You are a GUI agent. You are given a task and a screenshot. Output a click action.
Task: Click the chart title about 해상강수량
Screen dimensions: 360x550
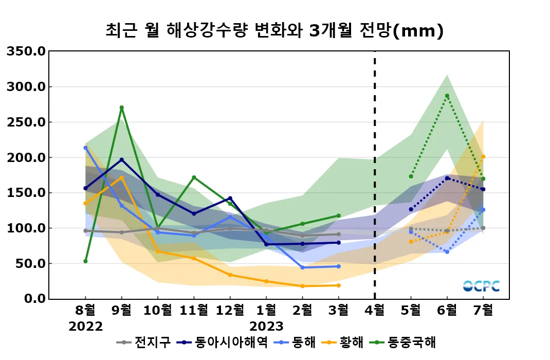pos(274,31)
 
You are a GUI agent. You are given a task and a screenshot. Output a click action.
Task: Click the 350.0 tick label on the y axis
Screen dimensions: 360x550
pos(25,51)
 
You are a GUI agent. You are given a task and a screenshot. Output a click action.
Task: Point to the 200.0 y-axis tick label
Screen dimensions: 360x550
pos(25,157)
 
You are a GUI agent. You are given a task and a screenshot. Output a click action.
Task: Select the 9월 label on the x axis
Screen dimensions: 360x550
pos(121,310)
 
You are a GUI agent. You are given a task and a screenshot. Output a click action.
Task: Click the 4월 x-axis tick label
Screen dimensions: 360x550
pos(374,310)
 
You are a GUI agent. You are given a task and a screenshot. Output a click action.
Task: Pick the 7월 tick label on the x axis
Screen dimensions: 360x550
pos(483,310)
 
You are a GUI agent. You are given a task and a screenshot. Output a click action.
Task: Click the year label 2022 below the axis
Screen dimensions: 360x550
pos(85,327)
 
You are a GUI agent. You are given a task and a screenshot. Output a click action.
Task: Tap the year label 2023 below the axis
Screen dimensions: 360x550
pos(266,327)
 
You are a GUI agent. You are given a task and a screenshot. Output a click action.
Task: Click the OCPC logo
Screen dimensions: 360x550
pos(481,286)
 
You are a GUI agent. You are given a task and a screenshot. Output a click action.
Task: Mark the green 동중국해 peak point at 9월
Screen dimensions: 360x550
pos(121,107)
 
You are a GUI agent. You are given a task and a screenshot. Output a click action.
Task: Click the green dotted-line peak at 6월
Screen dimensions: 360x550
pos(447,96)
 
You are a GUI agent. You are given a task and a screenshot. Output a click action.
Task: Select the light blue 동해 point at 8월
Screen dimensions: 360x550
pos(85,148)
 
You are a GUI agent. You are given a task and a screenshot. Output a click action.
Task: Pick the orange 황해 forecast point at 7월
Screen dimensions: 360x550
pos(483,157)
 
